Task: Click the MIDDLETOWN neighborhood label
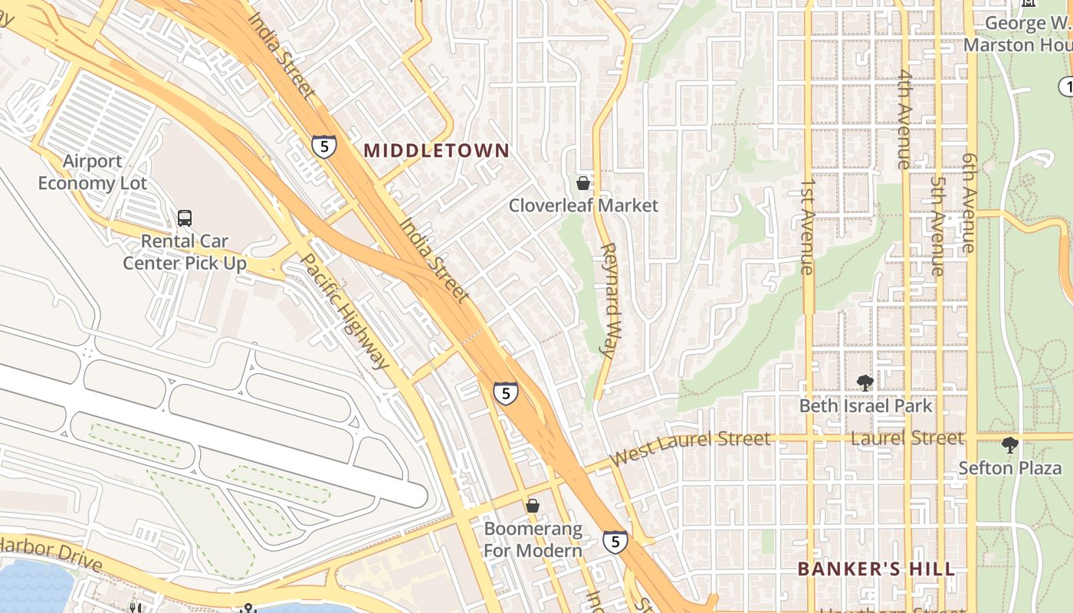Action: (x=436, y=150)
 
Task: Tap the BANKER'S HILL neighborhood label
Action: (x=876, y=569)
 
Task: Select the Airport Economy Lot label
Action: (x=92, y=172)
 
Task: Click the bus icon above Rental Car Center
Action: (x=185, y=218)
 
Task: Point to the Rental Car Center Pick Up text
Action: (x=185, y=252)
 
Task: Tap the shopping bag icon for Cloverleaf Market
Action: (x=583, y=183)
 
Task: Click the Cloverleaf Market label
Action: (x=583, y=205)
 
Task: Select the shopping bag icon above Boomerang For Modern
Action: (x=533, y=506)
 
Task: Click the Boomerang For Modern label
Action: (x=533, y=539)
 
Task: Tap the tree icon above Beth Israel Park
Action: (x=865, y=382)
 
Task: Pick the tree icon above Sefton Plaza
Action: (x=1010, y=444)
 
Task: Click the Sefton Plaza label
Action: (x=1010, y=467)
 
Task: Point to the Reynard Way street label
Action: (x=611, y=300)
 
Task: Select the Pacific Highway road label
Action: (x=343, y=311)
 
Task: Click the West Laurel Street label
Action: (x=690, y=447)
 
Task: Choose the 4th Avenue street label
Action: (x=905, y=119)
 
